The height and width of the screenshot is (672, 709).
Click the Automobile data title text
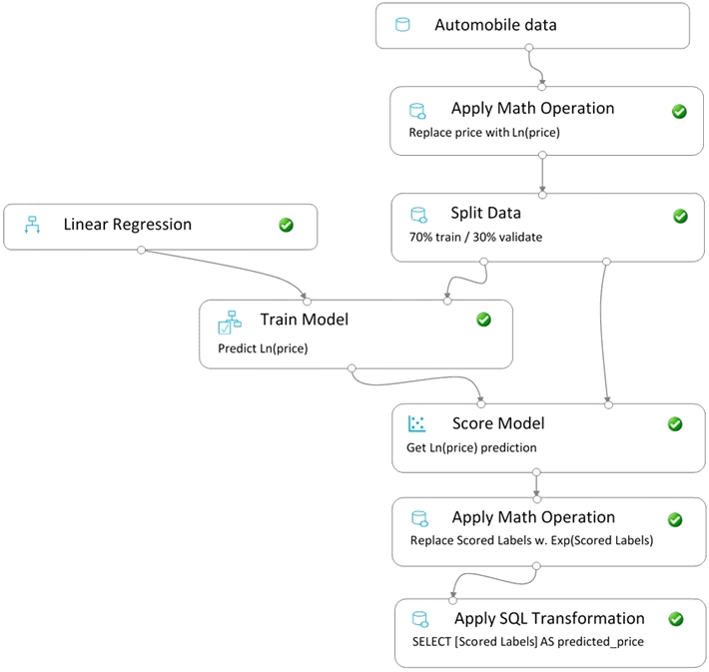(x=495, y=25)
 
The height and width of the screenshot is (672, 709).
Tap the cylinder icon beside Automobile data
(x=402, y=24)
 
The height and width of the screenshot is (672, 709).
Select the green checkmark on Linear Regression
(x=286, y=225)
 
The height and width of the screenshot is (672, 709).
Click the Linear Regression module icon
(x=32, y=225)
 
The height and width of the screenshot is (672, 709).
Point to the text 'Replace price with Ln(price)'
(x=484, y=133)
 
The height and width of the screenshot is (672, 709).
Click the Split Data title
(x=485, y=213)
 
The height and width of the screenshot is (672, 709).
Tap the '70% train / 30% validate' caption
(x=475, y=237)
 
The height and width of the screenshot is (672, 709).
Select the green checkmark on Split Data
(x=680, y=216)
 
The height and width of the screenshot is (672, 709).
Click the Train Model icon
(x=230, y=322)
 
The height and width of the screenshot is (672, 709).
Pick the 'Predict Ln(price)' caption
(x=263, y=348)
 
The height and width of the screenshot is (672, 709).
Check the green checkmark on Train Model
(x=483, y=320)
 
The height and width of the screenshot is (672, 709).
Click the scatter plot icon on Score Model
(x=416, y=423)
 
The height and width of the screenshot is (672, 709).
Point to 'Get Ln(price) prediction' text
(x=471, y=447)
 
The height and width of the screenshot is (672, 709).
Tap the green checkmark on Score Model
(x=675, y=424)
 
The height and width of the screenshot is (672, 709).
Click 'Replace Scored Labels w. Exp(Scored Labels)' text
(x=531, y=540)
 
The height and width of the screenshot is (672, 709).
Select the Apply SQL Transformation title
(x=549, y=618)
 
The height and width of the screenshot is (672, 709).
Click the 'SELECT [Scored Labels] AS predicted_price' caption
(x=527, y=642)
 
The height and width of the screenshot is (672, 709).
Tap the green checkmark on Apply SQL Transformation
(x=675, y=619)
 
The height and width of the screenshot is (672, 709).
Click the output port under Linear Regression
(x=141, y=250)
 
